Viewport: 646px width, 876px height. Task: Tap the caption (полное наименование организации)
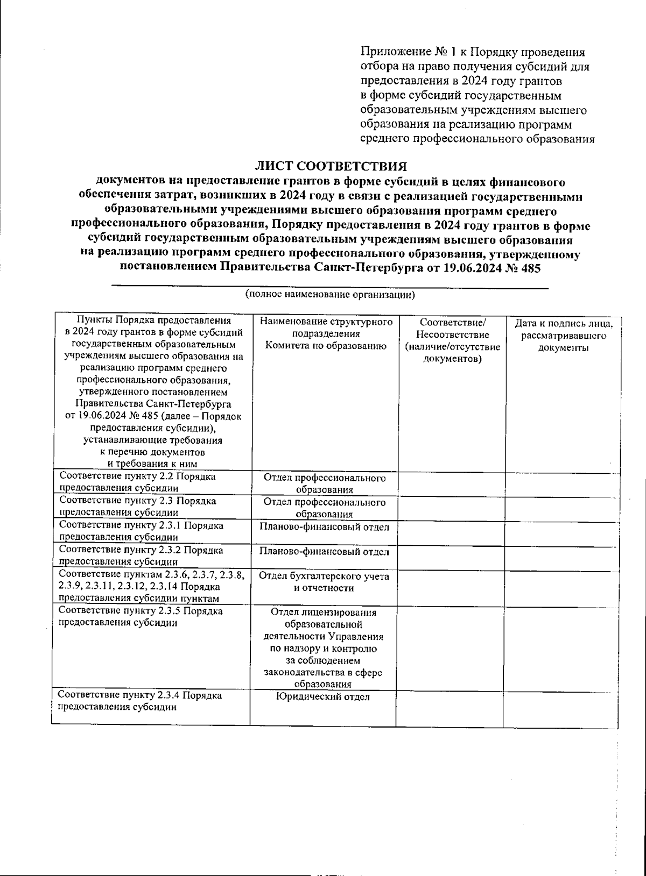click(329, 295)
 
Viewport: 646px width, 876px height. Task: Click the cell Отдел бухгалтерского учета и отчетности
click(324, 582)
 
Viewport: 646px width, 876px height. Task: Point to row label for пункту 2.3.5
click(141, 617)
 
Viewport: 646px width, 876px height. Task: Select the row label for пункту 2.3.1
click(141, 531)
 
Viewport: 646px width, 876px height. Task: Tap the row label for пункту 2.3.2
click(141, 556)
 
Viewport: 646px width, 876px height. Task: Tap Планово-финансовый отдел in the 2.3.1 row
click(324, 527)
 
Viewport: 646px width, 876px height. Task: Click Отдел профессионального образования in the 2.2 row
click(325, 483)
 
